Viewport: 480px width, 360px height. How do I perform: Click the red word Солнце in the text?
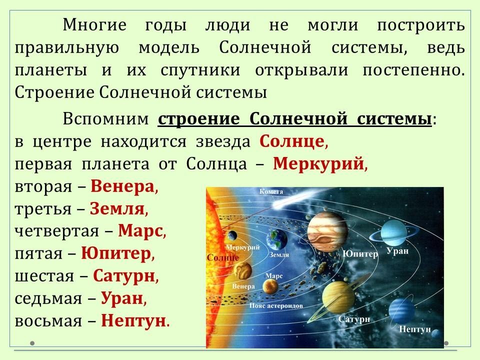pyautogui.click(x=291, y=141)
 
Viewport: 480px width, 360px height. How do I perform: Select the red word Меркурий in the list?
pyautogui.click(x=318, y=163)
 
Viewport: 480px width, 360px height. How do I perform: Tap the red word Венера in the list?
pyautogui.click(x=122, y=186)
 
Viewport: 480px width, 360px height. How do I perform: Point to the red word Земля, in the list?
pyautogui.click(x=117, y=208)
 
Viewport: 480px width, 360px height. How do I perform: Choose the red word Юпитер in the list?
pyautogui.click(x=116, y=254)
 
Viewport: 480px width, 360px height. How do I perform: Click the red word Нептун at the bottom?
pyautogui.click(x=133, y=320)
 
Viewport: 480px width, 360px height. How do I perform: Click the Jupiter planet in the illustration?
pyautogui.click(x=327, y=231)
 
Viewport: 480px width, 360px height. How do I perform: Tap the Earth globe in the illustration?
pyautogui.click(x=276, y=239)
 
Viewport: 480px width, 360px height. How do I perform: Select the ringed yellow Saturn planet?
pyautogui.click(x=338, y=297)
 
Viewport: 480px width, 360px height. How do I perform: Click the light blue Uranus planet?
pyautogui.click(x=393, y=233)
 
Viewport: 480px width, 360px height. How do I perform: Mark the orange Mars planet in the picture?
pyautogui.click(x=270, y=286)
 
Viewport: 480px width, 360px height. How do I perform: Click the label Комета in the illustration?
pyautogui.click(x=271, y=191)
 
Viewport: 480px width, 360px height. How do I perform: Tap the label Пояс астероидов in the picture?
pyautogui.click(x=276, y=305)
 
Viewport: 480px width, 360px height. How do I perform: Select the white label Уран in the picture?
pyautogui.click(x=397, y=251)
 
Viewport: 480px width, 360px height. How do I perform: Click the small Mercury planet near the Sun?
pyautogui.click(x=232, y=235)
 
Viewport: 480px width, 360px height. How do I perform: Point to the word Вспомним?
pyautogui.click(x=105, y=119)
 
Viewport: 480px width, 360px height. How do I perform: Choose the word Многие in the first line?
pyautogui.click(x=94, y=25)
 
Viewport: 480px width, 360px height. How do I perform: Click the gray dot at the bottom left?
pyautogui.click(x=32, y=343)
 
